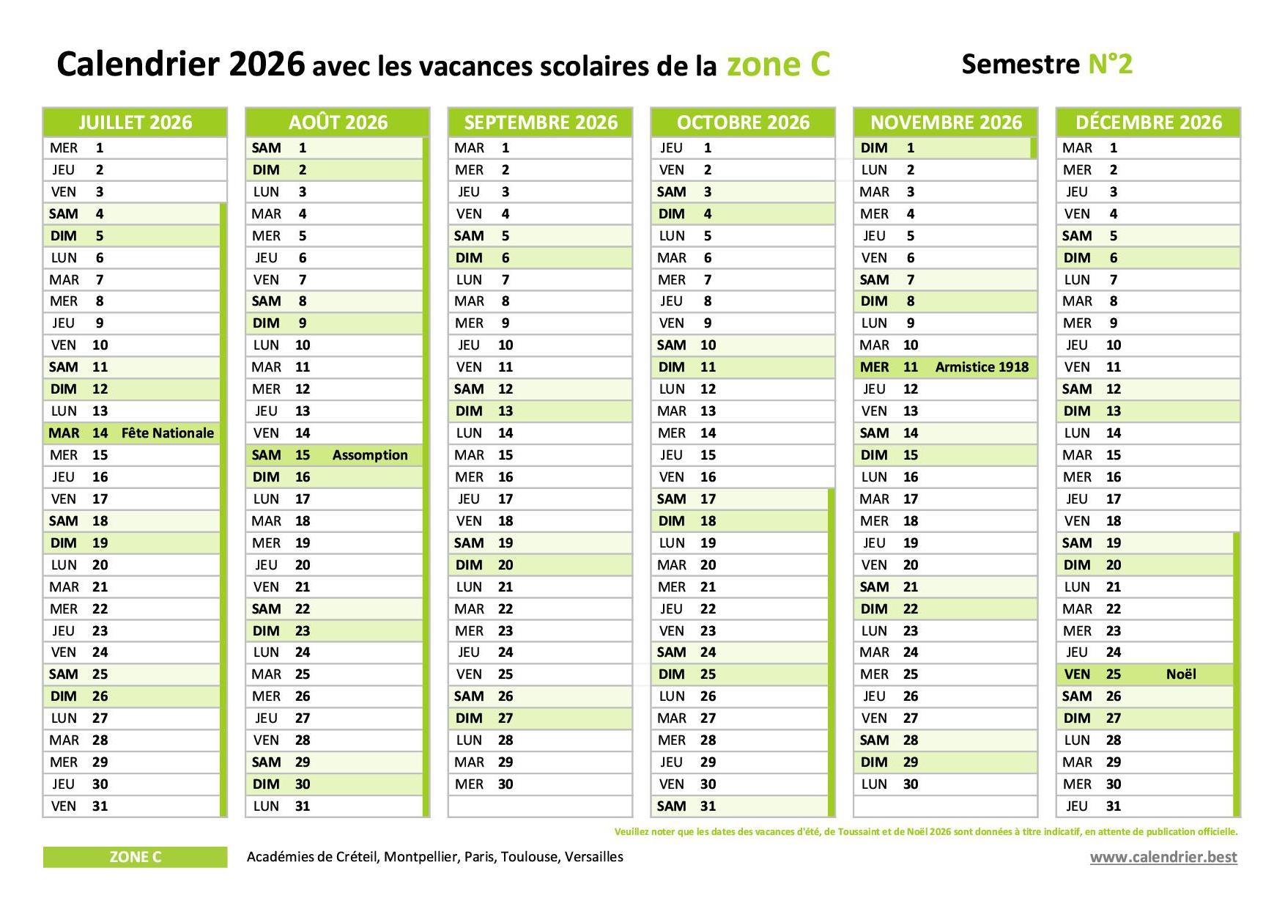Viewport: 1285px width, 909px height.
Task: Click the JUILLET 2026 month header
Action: pyautogui.click(x=135, y=122)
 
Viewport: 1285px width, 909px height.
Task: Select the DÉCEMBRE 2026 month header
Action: pyautogui.click(x=1148, y=122)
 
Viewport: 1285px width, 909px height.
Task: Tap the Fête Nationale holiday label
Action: pyautogui.click(x=168, y=433)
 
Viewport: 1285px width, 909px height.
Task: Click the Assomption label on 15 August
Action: pyautogui.click(x=370, y=455)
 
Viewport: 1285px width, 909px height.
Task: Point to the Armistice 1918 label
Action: pyautogui.click(x=982, y=367)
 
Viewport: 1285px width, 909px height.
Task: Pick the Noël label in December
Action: pyautogui.click(x=1181, y=674)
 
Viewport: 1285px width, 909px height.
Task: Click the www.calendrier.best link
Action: pyautogui.click(x=1163, y=857)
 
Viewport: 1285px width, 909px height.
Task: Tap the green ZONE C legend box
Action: pyautogui.click(x=135, y=857)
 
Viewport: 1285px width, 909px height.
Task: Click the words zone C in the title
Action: pyautogui.click(x=778, y=64)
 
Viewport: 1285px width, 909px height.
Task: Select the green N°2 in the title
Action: pyautogui.click(x=1110, y=64)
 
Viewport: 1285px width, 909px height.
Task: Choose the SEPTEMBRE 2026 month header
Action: pyautogui.click(x=541, y=122)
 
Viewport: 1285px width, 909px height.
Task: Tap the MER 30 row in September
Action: pyautogui.click(x=541, y=784)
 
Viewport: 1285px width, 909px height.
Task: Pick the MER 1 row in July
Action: pyautogui.click(x=135, y=148)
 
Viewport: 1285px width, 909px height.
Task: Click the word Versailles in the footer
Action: pyautogui.click(x=593, y=857)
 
